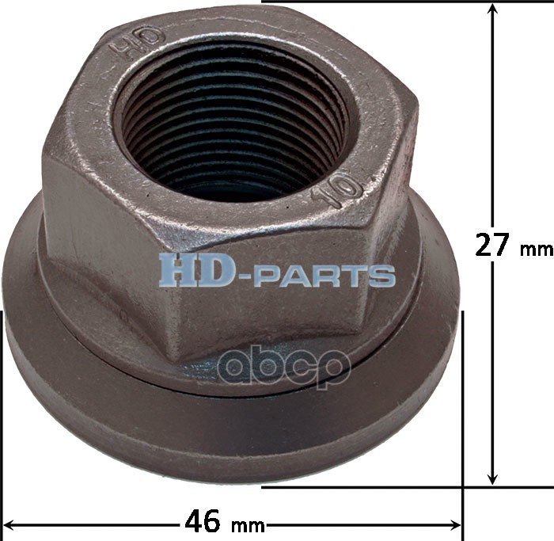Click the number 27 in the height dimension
point(491,245)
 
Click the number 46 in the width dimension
point(203,521)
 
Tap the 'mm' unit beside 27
point(537,250)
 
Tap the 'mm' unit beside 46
point(248,527)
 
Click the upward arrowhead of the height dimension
point(492,10)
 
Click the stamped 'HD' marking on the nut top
point(138,42)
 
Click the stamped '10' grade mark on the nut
point(338,190)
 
